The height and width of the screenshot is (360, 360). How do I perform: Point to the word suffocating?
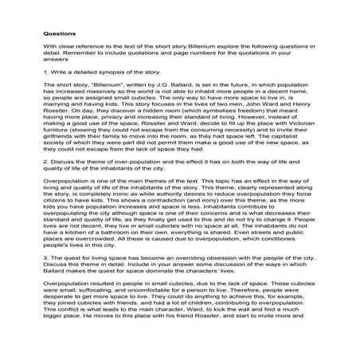coord(101,294)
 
